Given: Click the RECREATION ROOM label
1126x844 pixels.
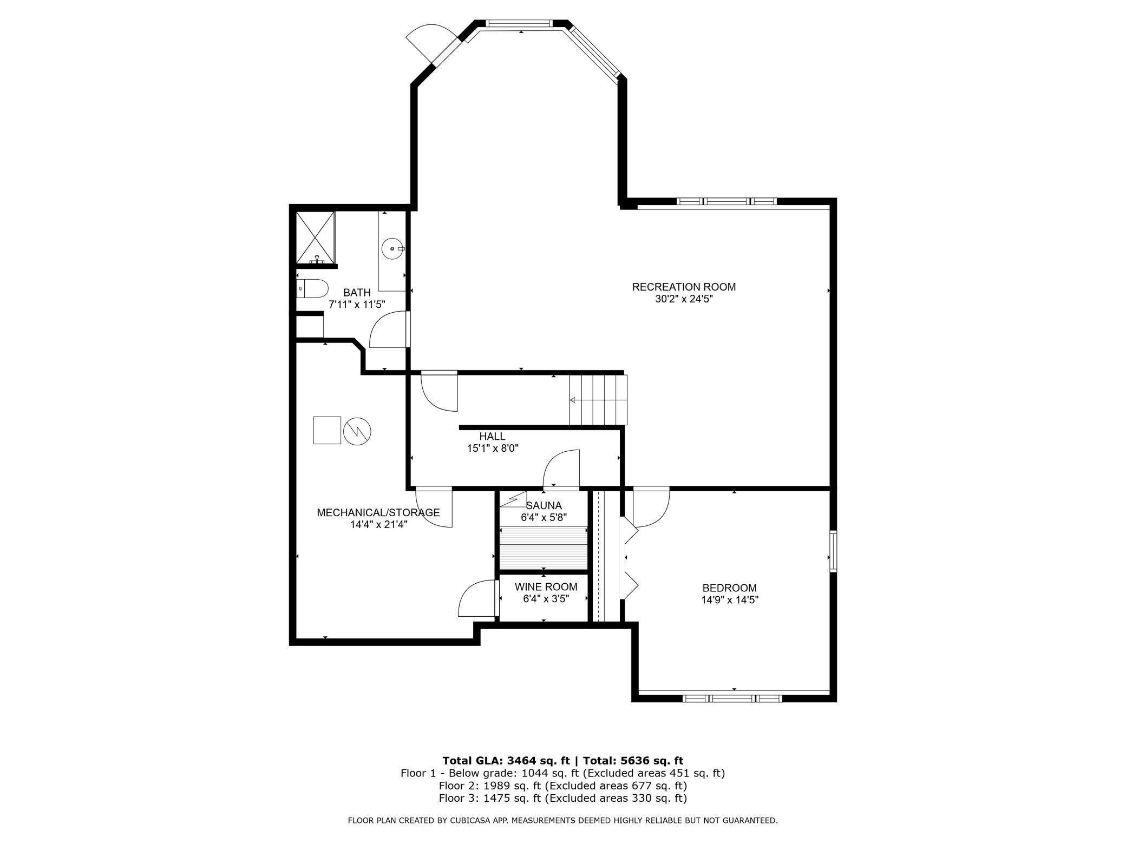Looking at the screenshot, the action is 684,287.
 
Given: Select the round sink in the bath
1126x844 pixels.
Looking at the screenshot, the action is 392,249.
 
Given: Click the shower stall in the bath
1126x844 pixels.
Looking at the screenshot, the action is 316,238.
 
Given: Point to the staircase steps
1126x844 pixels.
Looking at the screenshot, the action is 598,400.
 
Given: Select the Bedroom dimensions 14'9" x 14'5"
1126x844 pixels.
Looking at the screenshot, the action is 729,600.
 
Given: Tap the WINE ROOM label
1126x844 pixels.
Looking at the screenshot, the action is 546,587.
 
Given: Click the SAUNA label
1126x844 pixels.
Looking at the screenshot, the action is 544,506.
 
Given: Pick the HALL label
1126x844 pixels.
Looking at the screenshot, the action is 492,437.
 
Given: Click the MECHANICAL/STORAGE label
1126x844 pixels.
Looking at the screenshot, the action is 378,512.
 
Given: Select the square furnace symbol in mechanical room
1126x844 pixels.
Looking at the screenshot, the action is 327,430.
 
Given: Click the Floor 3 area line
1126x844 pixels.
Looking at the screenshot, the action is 562,798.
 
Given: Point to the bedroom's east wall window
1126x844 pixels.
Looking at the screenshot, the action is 833,551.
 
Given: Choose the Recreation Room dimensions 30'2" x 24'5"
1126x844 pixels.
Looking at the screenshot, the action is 684,299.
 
